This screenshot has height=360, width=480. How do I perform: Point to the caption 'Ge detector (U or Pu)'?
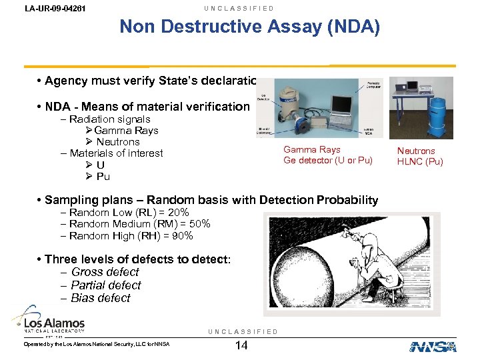click(x=327, y=161)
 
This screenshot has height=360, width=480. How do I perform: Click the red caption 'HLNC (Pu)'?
click(x=419, y=161)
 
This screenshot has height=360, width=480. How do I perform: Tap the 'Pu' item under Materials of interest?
click(x=103, y=177)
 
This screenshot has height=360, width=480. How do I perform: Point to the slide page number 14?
click(x=243, y=345)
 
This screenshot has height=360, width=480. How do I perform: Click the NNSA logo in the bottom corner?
click(x=433, y=346)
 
